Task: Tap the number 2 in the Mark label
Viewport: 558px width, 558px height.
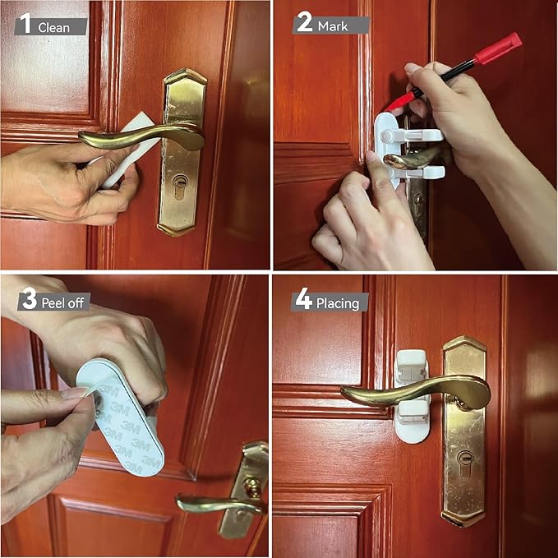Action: click(x=305, y=24)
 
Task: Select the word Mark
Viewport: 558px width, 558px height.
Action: click(x=333, y=26)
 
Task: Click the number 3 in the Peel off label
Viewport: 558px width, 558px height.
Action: click(x=29, y=300)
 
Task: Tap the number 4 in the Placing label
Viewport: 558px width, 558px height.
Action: click(x=304, y=301)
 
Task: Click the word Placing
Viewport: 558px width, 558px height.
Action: click(x=338, y=303)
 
